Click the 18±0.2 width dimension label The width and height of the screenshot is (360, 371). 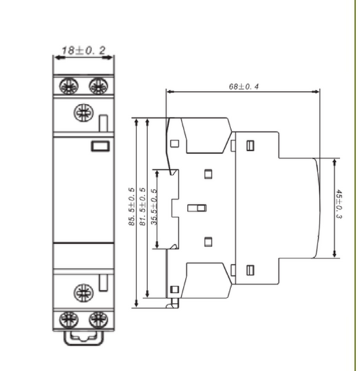[x=83, y=51]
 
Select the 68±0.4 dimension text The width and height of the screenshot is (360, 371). [x=247, y=86]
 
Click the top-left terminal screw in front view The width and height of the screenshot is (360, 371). [x=68, y=86]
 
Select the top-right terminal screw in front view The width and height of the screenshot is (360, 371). [x=98, y=86]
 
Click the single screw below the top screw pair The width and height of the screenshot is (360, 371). [x=84, y=111]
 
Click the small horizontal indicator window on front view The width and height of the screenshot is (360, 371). [x=99, y=144]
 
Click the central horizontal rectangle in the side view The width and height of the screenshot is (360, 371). [x=197, y=208]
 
